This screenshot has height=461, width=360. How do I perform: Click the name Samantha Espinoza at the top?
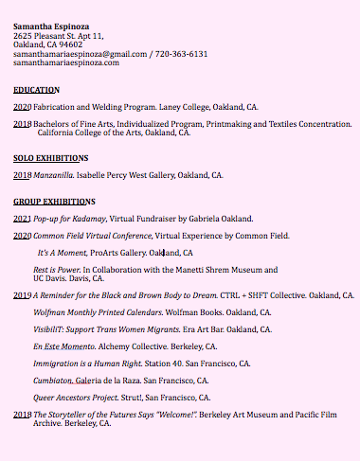(53, 26)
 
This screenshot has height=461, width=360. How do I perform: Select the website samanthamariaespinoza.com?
(66, 62)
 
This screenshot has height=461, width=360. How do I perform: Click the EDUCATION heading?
(36, 89)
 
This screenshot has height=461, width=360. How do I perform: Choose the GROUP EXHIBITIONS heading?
(54, 202)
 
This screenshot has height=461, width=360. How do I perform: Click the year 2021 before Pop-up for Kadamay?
(22, 218)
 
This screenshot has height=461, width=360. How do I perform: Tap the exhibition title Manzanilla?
(53, 175)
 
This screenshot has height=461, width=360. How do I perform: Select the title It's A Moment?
(62, 253)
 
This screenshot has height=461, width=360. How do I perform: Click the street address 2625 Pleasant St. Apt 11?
(58, 35)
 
